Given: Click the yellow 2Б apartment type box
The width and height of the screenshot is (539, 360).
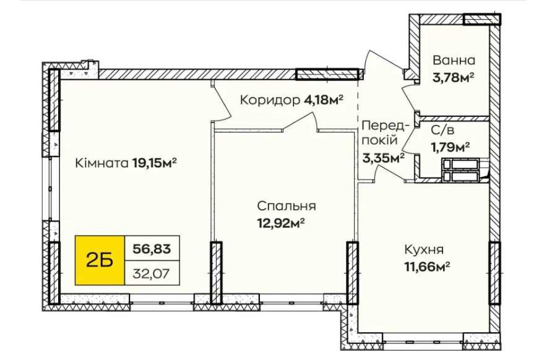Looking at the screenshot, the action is tap(100, 260).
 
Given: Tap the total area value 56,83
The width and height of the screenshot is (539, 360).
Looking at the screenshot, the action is tap(152, 249).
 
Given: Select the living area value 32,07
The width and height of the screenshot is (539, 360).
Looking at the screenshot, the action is tap(152, 274).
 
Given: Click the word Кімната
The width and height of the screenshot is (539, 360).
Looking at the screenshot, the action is tap(102, 163).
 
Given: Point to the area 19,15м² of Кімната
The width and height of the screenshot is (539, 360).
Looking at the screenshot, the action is tap(155, 163).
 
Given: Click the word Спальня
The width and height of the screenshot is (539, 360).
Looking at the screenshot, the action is tap(287, 206).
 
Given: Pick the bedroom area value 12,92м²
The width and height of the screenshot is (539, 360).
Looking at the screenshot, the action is tap(281, 224).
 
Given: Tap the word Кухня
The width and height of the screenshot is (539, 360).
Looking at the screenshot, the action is tap(424, 250).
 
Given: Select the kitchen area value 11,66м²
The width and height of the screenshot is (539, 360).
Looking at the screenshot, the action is tap(427, 267).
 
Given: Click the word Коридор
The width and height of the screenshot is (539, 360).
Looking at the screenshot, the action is tap(270, 100).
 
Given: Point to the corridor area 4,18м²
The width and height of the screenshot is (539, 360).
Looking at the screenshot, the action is tap(324, 100).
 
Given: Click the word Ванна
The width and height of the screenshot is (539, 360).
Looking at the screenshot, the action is tap(454, 61).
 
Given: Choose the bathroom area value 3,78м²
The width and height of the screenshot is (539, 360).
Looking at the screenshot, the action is tap(454, 78).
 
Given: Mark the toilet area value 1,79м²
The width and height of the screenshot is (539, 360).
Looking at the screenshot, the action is tap(451, 148).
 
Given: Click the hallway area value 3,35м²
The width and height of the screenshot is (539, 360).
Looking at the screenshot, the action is tap(383, 158).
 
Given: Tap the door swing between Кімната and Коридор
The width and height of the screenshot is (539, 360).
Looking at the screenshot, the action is tap(223, 100).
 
